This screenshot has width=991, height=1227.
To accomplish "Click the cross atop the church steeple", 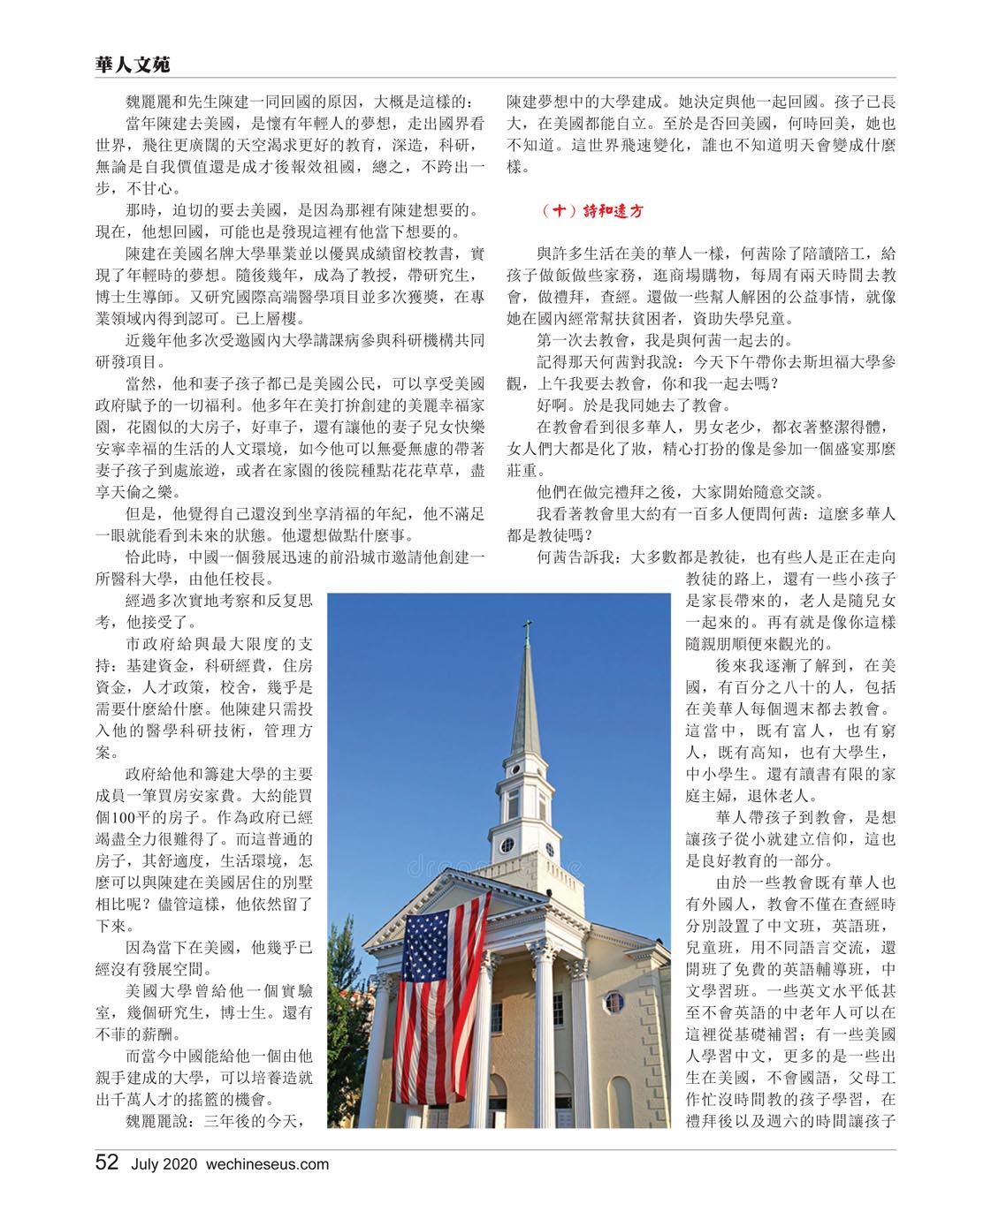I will [x=527, y=629].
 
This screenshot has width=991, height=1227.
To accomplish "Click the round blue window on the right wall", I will [x=613, y=1002].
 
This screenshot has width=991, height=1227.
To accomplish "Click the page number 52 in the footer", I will [x=107, y=1163].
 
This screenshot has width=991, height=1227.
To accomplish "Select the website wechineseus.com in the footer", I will [x=267, y=1164].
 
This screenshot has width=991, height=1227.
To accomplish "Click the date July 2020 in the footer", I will [x=164, y=1164].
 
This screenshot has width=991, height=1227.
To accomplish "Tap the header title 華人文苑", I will [x=133, y=64].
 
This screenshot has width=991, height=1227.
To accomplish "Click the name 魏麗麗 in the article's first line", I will [x=149, y=102].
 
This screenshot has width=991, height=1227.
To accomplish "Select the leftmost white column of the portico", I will [x=375, y=1051].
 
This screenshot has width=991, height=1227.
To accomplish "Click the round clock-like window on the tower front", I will [x=507, y=845].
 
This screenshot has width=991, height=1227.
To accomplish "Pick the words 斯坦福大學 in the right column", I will [x=826, y=362].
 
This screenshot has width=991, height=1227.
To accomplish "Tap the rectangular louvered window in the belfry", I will [x=513, y=804].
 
